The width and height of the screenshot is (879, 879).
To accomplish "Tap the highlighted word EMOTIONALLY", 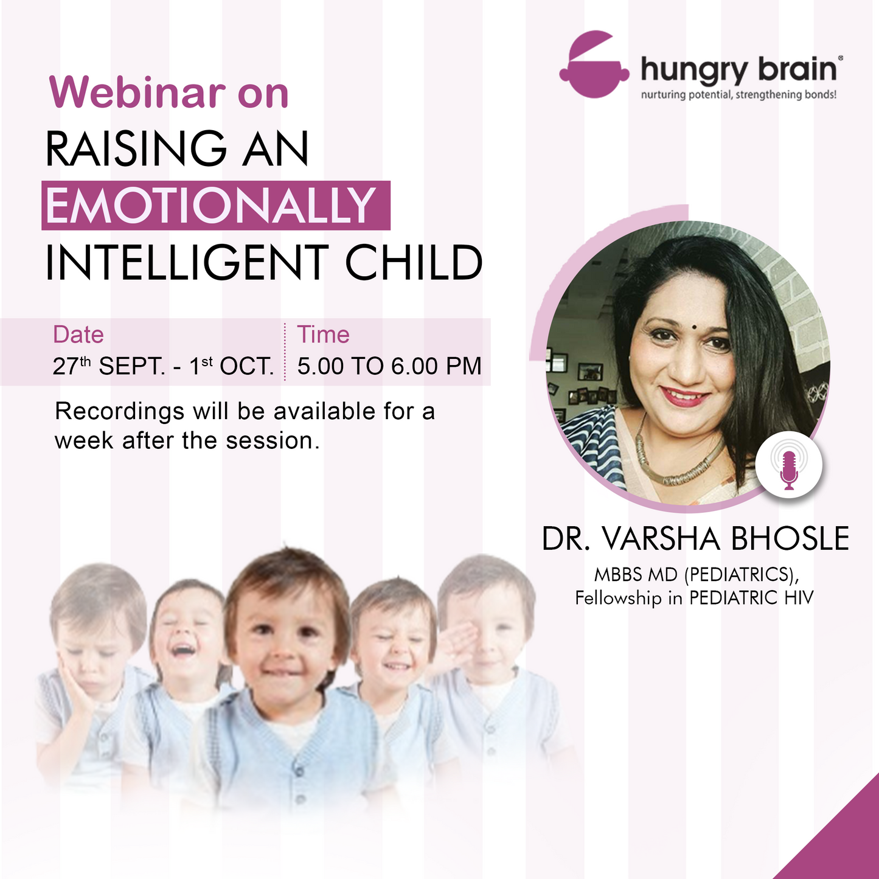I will point(212,206).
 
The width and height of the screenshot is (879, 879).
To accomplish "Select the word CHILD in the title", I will point(414,263).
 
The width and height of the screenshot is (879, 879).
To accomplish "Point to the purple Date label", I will point(78,335).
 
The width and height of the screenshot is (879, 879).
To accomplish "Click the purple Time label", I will point(323,335).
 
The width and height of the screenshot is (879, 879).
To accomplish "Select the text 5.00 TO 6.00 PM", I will point(389,367).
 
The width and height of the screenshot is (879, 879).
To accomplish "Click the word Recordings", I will point(119,412).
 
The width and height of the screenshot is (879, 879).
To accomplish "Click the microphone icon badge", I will point(789,466).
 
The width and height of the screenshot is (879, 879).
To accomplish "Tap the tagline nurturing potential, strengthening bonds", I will point(738,96).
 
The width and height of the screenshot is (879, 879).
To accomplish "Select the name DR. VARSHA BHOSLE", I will point(695,539).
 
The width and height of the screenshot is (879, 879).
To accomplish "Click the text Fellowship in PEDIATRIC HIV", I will point(694,598).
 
